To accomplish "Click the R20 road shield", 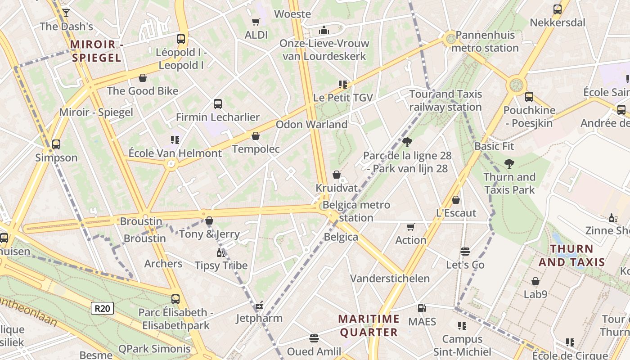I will click(103, 308).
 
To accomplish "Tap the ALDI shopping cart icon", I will click(256, 22).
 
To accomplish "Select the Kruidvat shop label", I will click(337, 187).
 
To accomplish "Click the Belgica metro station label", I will click(356, 211).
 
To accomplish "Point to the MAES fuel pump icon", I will click(422, 308).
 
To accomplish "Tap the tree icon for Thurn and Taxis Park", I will click(509, 164).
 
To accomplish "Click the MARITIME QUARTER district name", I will click(369, 326).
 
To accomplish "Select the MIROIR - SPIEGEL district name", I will click(96, 51).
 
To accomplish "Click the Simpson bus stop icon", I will click(56, 144).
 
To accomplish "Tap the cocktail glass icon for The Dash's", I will click(66, 13).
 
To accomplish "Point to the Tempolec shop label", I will click(256, 149).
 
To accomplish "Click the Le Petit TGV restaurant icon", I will click(343, 84).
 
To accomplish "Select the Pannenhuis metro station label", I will click(487, 41).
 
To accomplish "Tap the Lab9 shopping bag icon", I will click(535, 281).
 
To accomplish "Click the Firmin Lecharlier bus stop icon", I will click(218, 104).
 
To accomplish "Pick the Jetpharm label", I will click(259, 318).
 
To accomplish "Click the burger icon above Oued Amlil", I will click(314, 338).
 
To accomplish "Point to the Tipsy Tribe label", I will click(221, 265).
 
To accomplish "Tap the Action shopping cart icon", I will click(410, 227).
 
